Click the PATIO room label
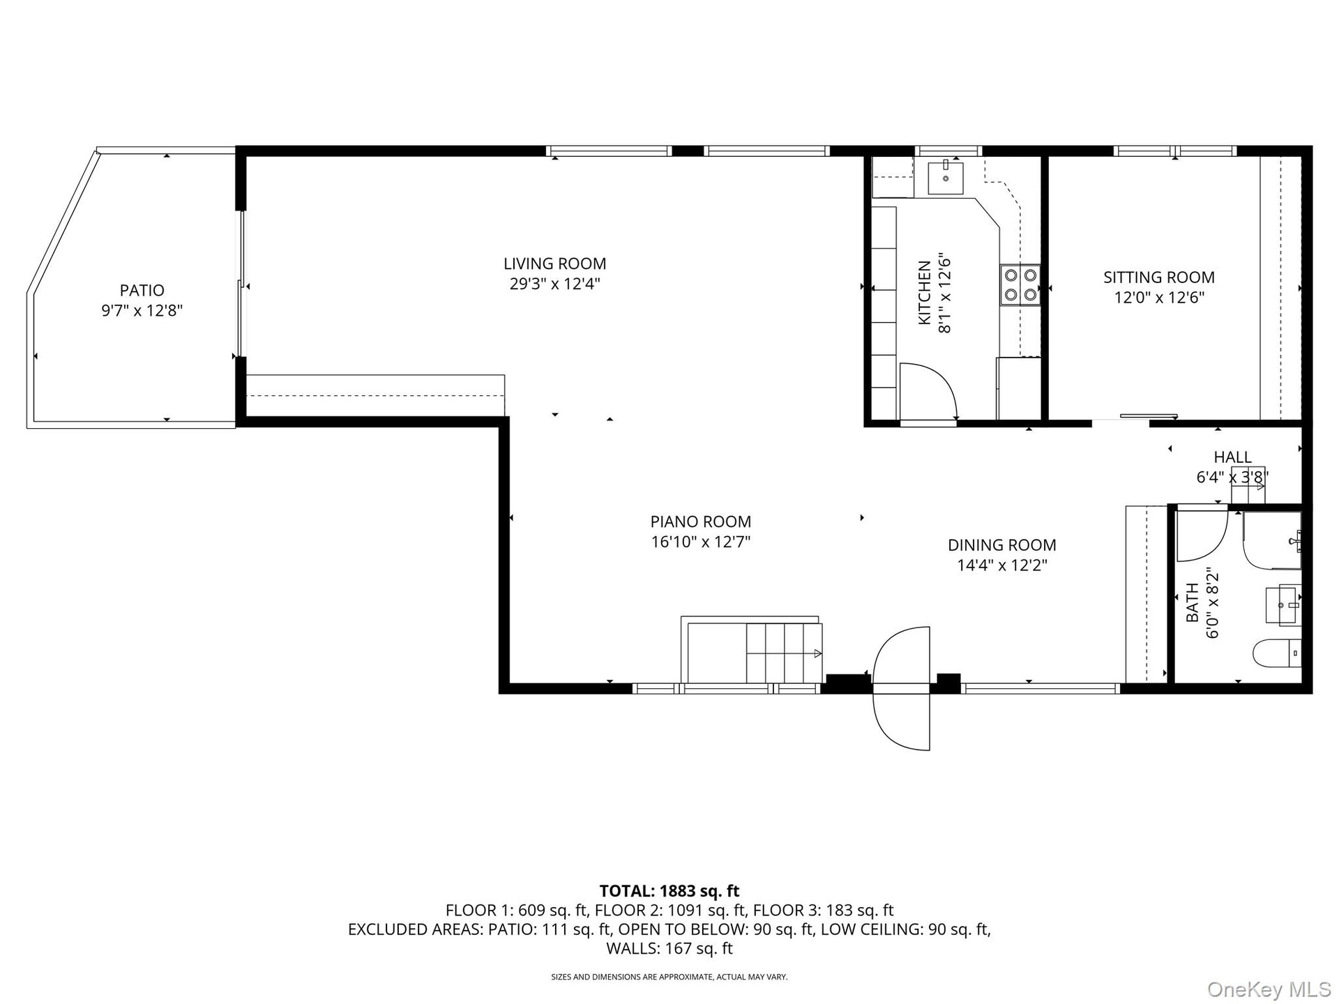pyautogui.click(x=142, y=290)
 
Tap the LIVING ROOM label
pyautogui.click(x=555, y=264)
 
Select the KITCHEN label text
pyautogui.click(x=925, y=293)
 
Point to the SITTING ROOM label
pyautogui.click(x=1159, y=277)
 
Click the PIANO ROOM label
pyautogui.click(x=701, y=522)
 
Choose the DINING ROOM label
pyautogui.click(x=1002, y=545)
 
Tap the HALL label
pyautogui.click(x=1233, y=457)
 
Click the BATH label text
pyautogui.click(x=1193, y=602)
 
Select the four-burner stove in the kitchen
pyautogui.click(x=1020, y=285)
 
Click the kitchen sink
pyautogui.click(x=946, y=177)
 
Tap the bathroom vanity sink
pyautogui.click(x=1283, y=604)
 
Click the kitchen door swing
pyautogui.click(x=928, y=392)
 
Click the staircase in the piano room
pyautogui.click(x=752, y=650)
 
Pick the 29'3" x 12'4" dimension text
pyautogui.click(x=555, y=284)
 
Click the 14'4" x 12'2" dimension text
pyautogui.click(x=1002, y=565)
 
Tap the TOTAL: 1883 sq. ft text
pyautogui.click(x=669, y=891)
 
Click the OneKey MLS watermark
pyautogui.click(x=1269, y=989)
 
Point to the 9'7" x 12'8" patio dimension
pyautogui.click(x=142, y=310)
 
